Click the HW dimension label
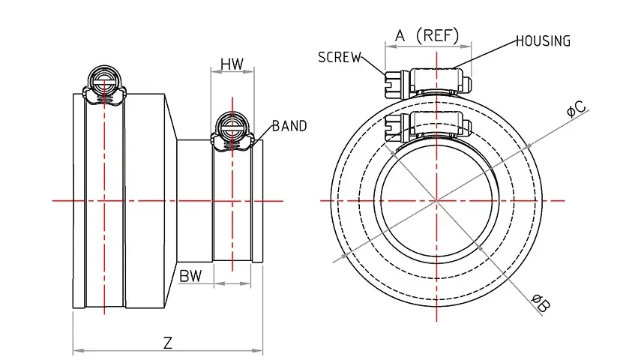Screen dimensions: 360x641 click(232, 64)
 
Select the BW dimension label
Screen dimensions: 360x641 click(190, 275)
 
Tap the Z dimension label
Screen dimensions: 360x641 click(168, 343)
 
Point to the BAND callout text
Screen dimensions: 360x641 click(289, 126)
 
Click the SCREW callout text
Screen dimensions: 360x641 click(340, 58)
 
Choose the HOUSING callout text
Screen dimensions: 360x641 click(543, 41)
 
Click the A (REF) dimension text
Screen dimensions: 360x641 click(427, 35)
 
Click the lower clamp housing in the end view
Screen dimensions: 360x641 click(434, 124)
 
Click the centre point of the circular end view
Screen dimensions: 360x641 click(436, 200)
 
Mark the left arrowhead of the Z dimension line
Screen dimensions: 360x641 click(76, 350)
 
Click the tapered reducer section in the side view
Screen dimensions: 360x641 click(171, 200)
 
